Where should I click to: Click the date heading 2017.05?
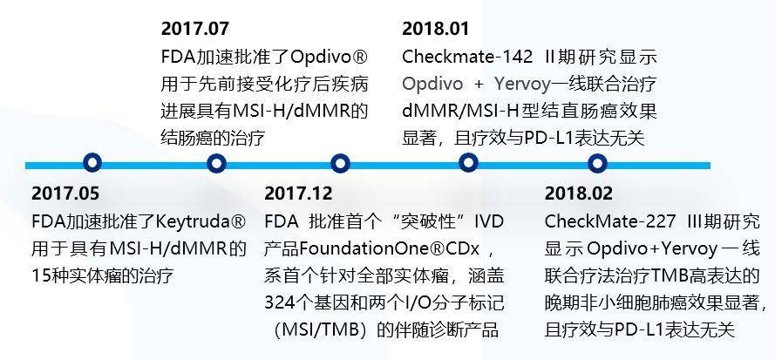[65, 194]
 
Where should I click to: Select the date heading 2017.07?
[195, 29]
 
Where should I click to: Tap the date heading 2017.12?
[298, 194]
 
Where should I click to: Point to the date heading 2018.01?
[435, 29]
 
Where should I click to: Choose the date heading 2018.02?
[579, 194]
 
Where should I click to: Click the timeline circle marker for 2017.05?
[92, 163]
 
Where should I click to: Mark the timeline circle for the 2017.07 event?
[216, 163]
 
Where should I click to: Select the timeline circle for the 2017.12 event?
[340, 163]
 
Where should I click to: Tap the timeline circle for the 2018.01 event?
[467, 163]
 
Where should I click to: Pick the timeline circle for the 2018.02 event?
[597, 163]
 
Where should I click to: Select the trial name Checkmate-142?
[468, 57]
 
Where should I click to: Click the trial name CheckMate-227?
[610, 221]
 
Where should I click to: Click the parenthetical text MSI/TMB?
[323, 329]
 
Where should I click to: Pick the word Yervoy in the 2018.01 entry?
[522, 85]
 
